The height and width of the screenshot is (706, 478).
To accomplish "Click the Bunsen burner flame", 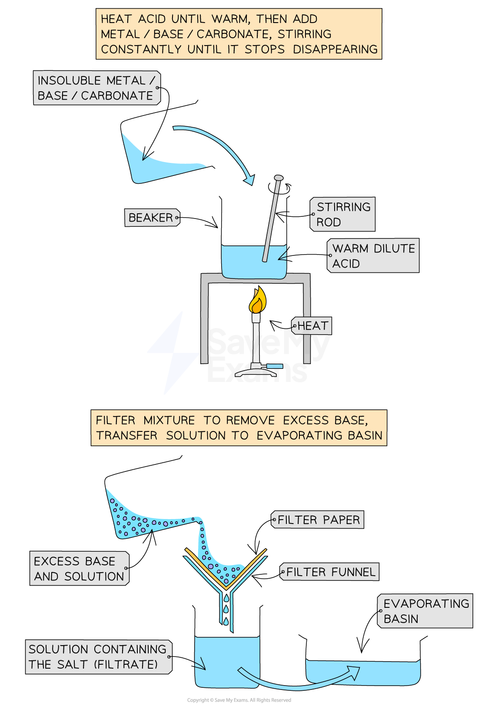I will (257, 301).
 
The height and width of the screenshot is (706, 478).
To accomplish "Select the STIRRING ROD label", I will (343, 214).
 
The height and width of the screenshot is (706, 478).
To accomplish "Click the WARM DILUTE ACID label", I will (373, 255).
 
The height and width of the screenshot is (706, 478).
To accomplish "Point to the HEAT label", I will (312, 326).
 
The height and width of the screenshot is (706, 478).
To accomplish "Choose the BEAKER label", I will (152, 217).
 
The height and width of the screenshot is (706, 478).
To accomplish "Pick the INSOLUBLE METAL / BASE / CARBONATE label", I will (96, 88).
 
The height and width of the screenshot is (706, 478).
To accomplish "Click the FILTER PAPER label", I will (318, 520).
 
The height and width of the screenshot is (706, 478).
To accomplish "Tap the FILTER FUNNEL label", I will (330, 572).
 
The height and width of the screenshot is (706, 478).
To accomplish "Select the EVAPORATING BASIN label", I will (425, 611).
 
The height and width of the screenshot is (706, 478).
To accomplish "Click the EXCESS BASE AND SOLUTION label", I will (79, 569).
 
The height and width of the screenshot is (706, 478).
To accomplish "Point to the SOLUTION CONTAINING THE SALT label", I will (98, 657).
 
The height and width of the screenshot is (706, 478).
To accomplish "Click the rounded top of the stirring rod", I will (279, 178).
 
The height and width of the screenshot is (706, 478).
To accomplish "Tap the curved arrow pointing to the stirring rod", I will (217, 143).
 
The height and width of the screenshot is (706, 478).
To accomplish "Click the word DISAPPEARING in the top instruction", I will (335, 50).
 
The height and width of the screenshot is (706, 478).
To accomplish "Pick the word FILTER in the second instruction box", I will (116, 421).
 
